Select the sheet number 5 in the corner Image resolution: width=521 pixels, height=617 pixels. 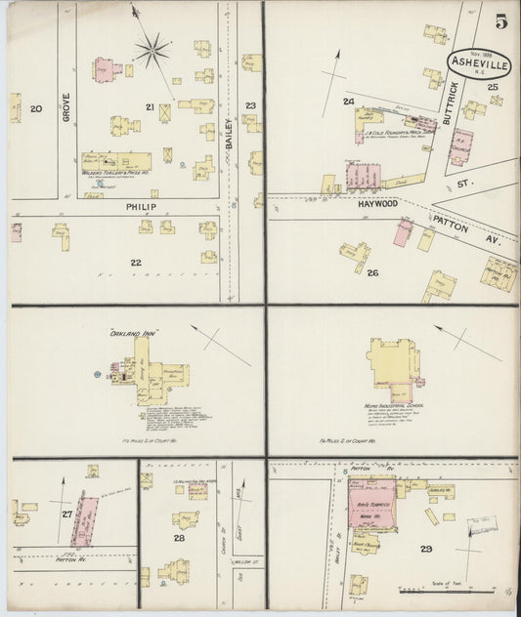click(499, 21)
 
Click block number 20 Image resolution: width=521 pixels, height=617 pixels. click(36, 108)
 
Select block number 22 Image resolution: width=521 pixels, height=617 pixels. click(135, 262)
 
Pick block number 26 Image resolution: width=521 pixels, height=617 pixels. click(372, 272)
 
